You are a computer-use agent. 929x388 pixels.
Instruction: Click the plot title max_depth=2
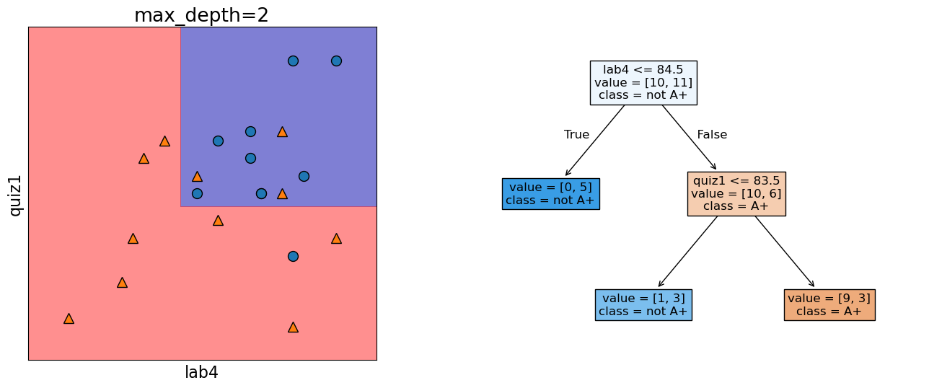click(x=201, y=15)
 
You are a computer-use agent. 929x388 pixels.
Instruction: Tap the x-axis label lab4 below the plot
click(x=201, y=372)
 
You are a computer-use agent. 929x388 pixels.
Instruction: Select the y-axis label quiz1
click(x=14, y=195)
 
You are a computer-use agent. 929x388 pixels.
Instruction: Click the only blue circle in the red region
click(x=293, y=256)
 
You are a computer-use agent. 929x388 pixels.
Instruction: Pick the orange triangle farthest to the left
click(x=69, y=318)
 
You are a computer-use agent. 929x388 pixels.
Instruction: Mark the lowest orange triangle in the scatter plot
click(x=293, y=327)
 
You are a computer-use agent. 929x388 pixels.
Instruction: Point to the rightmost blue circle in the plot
click(x=336, y=61)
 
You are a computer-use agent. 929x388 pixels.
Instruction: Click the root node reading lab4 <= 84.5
click(x=643, y=83)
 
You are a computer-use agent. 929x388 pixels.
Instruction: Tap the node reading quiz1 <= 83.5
click(x=736, y=193)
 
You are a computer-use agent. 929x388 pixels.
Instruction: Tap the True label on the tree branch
click(x=576, y=135)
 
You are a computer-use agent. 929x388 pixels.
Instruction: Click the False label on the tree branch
click(x=712, y=135)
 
